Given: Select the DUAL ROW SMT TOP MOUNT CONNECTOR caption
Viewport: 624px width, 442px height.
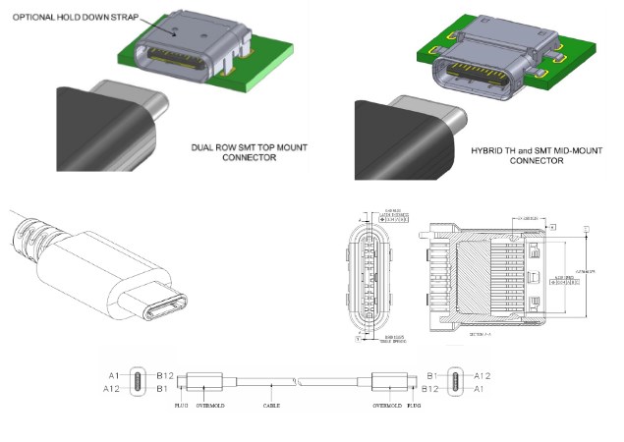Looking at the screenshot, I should click(x=245, y=151).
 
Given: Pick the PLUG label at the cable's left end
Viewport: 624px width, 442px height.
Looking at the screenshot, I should click(x=181, y=404).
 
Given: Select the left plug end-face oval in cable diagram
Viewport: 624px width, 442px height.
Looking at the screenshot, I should click(x=138, y=381).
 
